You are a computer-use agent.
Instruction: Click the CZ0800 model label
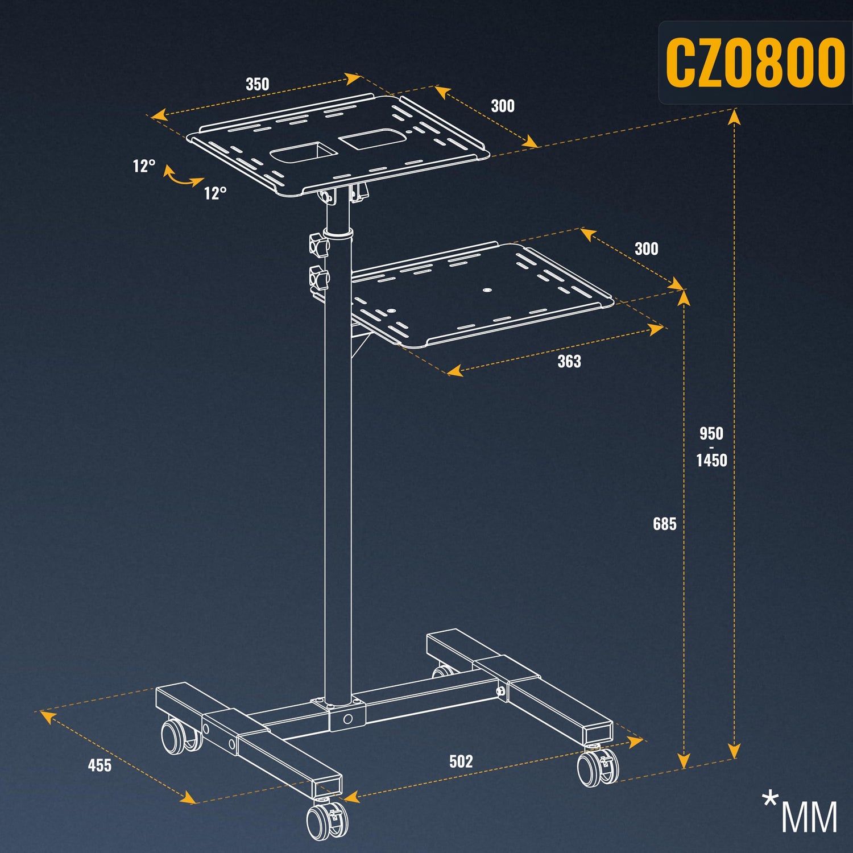(755, 63)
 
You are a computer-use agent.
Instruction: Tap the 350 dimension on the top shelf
(257, 84)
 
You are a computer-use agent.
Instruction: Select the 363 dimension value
(569, 361)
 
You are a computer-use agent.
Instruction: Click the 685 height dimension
(664, 524)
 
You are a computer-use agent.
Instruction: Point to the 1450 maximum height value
(711, 460)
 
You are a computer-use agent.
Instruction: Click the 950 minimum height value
(711, 433)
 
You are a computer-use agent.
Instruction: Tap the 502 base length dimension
(461, 761)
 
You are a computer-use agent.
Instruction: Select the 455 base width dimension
(100, 765)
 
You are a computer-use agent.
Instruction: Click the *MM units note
(800, 813)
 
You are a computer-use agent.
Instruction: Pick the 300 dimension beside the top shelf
(503, 106)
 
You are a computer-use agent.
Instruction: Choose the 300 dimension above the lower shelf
(647, 249)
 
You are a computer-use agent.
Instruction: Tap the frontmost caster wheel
(325, 819)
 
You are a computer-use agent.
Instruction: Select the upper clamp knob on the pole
(319, 245)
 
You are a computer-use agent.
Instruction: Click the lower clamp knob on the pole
(319, 279)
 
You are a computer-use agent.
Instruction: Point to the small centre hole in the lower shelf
(486, 289)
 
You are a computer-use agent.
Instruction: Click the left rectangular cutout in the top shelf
(303, 154)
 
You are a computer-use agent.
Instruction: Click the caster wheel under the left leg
(180, 737)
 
